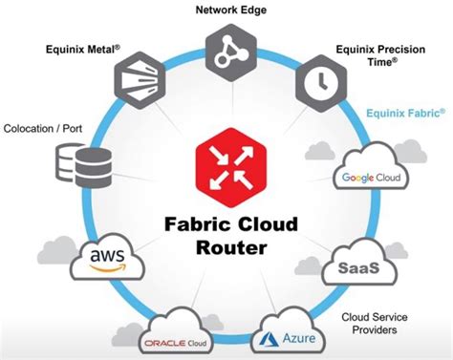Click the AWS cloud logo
[111, 258]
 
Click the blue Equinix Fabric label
[404, 113]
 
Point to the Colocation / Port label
[42, 126]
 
